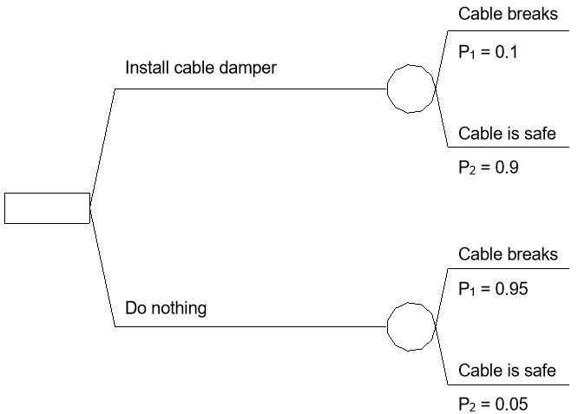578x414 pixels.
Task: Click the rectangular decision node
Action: (x=47, y=208)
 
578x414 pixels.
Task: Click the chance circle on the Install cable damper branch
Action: (x=410, y=89)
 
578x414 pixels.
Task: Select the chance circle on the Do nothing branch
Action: (x=410, y=326)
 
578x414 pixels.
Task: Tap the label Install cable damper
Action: (x=200, y=68)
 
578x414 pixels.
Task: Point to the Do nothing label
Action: (x=166, y=307)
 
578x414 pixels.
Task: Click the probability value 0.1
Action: (x=506, y=52)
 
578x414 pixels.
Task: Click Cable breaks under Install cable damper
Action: (x=508, y=14)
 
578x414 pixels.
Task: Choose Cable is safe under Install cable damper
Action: (x=507, y=134)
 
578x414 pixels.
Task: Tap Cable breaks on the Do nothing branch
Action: (x=508, y=254)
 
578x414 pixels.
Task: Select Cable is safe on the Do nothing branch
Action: (x=507, y=371)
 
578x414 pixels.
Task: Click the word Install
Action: (x=147, y=68)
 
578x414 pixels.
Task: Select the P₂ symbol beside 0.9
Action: (x=466, y=169)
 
